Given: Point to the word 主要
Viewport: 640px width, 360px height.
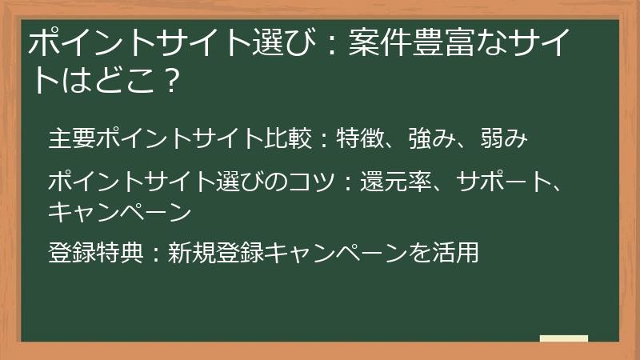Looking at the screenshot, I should click(71, 138).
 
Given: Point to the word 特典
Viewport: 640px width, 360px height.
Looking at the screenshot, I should click(119, 253).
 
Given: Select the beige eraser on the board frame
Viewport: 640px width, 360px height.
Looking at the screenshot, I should click(563, 339).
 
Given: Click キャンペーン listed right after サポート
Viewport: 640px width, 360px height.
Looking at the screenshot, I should click(119, 211).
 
